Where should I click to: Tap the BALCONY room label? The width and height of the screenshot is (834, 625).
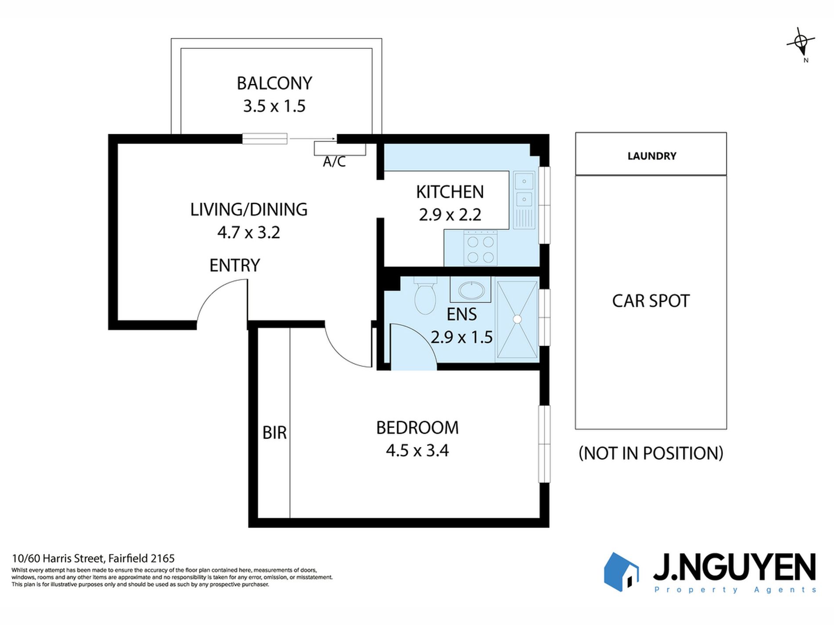click(x=274, y=83)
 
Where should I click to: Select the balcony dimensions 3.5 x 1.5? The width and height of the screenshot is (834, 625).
click(x=274, y=106)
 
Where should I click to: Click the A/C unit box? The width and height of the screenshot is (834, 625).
click(x=340, y=148)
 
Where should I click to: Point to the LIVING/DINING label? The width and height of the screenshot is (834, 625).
click(x=249, y=210)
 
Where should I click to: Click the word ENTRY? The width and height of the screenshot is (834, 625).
click(x=235, y=265)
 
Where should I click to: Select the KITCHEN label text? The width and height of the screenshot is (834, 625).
click(x=450, y=192)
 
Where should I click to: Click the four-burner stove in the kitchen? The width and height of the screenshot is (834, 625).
click(x=480, y=249)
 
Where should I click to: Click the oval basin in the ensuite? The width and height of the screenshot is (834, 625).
click(x=471, y=290)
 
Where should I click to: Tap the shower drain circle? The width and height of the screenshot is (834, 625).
click(x=518, y=319)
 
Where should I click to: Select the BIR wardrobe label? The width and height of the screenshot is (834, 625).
click(x=275, y=433)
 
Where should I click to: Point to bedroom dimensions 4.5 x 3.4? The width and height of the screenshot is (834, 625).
click(x=417, y=450)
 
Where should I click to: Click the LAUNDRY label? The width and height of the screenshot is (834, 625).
click(x=652, y=156)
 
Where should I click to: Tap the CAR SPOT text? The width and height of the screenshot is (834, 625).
click(x=651, y=301)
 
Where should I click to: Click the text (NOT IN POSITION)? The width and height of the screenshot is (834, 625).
click(x=651, y=453)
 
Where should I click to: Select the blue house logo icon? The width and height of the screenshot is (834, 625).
click(x=621, y=571)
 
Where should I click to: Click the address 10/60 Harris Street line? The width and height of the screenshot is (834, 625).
click(x=93, y=558)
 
